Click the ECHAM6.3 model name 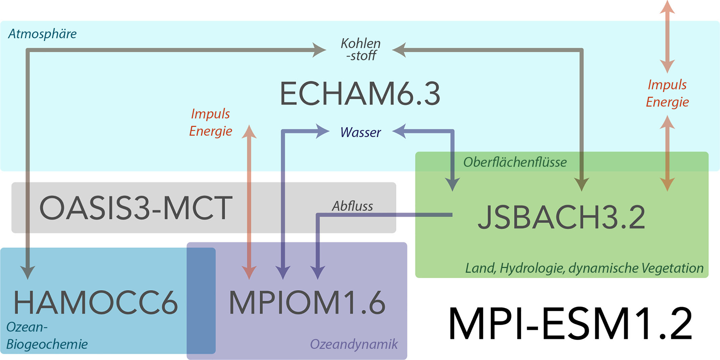[x=360, y=94]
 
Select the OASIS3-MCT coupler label [x=136, y=208]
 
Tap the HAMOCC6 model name [x=95, y=302]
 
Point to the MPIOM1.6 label [x=307, y=302]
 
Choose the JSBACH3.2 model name [x=561, y=217]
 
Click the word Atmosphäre [x=42, y=34]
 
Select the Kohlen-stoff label [x=361, y=49]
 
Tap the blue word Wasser [x=360, y=132]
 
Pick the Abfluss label [x=352, y=206]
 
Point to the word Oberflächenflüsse [x=515, y=162]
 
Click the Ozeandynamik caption [x=354, y=344]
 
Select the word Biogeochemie [x=47, y=344]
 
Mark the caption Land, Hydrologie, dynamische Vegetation [x=584, y=268]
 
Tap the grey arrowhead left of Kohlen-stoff [x=319, y=50]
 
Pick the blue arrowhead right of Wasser [x=400, y=131]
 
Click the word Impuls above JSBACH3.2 [x=667, y=85]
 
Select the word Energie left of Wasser [x=210, y=131]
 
